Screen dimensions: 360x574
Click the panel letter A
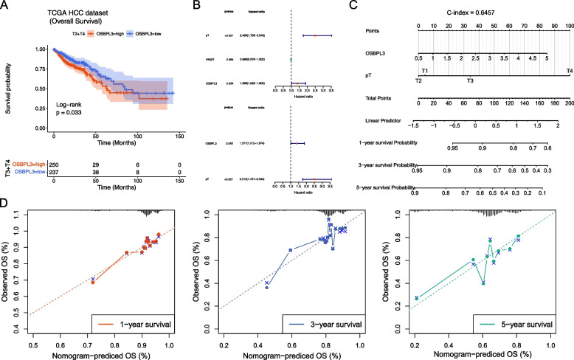(x=6, y=6)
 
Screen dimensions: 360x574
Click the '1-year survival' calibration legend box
(x=136, y=324)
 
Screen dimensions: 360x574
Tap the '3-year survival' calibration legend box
(x=331, y=324)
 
